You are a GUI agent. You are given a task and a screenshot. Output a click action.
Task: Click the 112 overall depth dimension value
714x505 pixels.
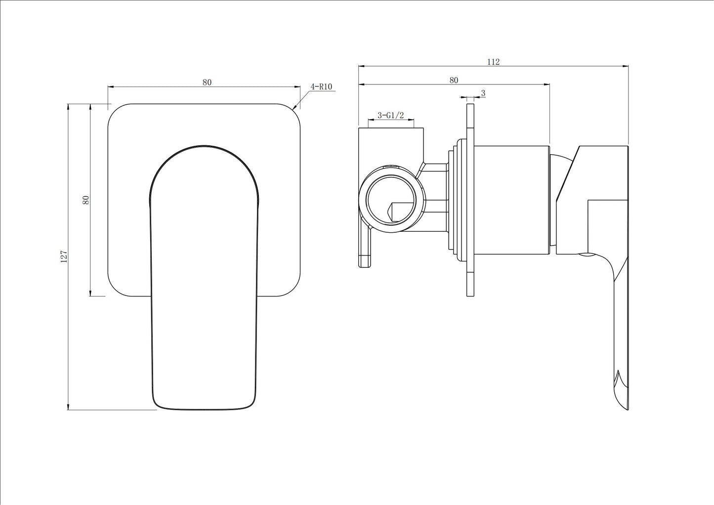point(493,62)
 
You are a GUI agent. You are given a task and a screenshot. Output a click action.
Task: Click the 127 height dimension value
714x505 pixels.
point(64,256)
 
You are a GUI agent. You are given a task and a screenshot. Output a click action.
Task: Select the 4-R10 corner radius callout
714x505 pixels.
point(321,86)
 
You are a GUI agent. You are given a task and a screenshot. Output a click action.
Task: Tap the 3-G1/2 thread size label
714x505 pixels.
point(390,115)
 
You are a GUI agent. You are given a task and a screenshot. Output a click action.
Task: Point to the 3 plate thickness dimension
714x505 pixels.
point(483,93)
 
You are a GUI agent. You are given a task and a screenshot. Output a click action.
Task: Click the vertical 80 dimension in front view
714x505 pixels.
point(86,200)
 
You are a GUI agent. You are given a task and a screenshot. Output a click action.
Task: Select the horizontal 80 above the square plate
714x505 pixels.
point(207,82)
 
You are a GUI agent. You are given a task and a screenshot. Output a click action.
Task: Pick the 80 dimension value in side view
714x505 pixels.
point(454,80)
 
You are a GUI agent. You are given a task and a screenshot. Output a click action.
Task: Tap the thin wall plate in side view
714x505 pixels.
point(470,277)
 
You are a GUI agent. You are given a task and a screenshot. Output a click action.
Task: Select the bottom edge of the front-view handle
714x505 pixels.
point(205,409)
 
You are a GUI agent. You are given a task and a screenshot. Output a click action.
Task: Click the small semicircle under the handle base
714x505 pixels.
point(588,255)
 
